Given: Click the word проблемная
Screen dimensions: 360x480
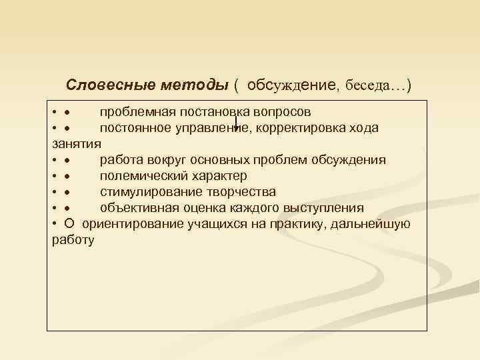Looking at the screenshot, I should pyautogui.click(x=136, y=111).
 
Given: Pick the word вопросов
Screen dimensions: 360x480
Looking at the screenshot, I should pyautogui.click(x=283, y=111).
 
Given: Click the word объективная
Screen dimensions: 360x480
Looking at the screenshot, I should pyautogui.click(x=137, y=207).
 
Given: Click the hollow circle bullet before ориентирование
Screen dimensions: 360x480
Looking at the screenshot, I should pyautogui.click(x=70, y=223).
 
